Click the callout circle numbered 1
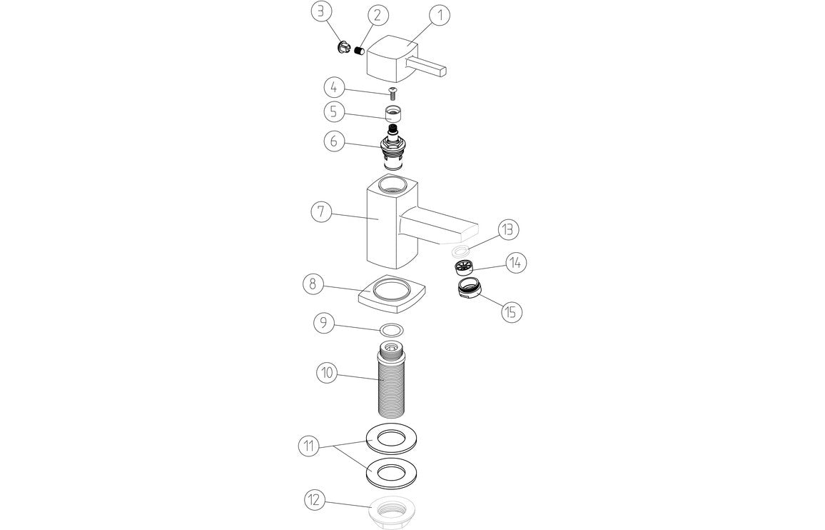pyautogui.click(x=440, y=14)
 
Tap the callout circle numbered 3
pyautogui.click(x=321, y=11)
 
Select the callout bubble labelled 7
pyautogui.click(x=322, y=212)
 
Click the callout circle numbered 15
pyautogui.click(x=512, y=312)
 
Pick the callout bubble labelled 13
pyautogui.click(x=509, y=230)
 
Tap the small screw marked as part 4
pyautogui.click(x=392, y=91)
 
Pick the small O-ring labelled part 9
pyautogui.click(x=391, y=330)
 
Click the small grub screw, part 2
pyautogui.click(x=360, y=51)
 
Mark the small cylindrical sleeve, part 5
pyautogui.click(x=392, y=114)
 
